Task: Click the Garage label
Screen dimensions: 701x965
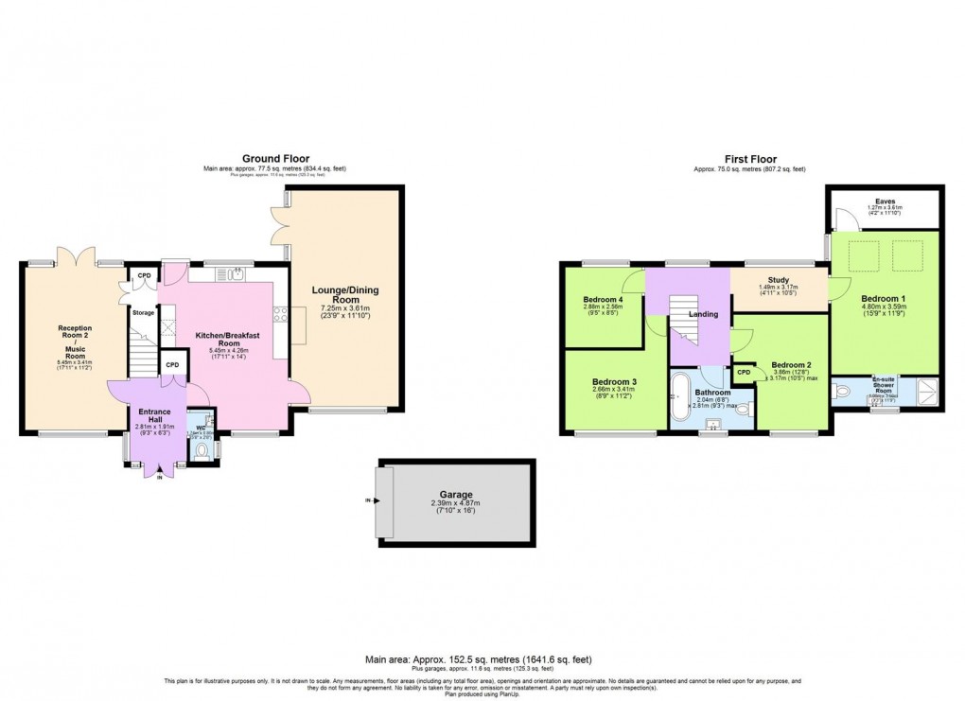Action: click(x=455, y=494)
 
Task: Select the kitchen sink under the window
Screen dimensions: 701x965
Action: click(x=233, y=275)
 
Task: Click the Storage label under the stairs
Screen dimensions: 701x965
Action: click(x=143, y=312)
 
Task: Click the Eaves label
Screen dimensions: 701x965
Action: click(x=886, y=201)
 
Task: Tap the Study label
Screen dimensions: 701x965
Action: click(x=779, y=280)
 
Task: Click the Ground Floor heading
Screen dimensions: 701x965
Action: click(x=275, y=159)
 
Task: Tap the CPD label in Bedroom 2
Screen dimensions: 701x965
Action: click(x=744, y=372)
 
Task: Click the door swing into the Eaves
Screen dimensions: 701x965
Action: click(x=851, y=219)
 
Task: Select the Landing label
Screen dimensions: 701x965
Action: click(x=703, y=314)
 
